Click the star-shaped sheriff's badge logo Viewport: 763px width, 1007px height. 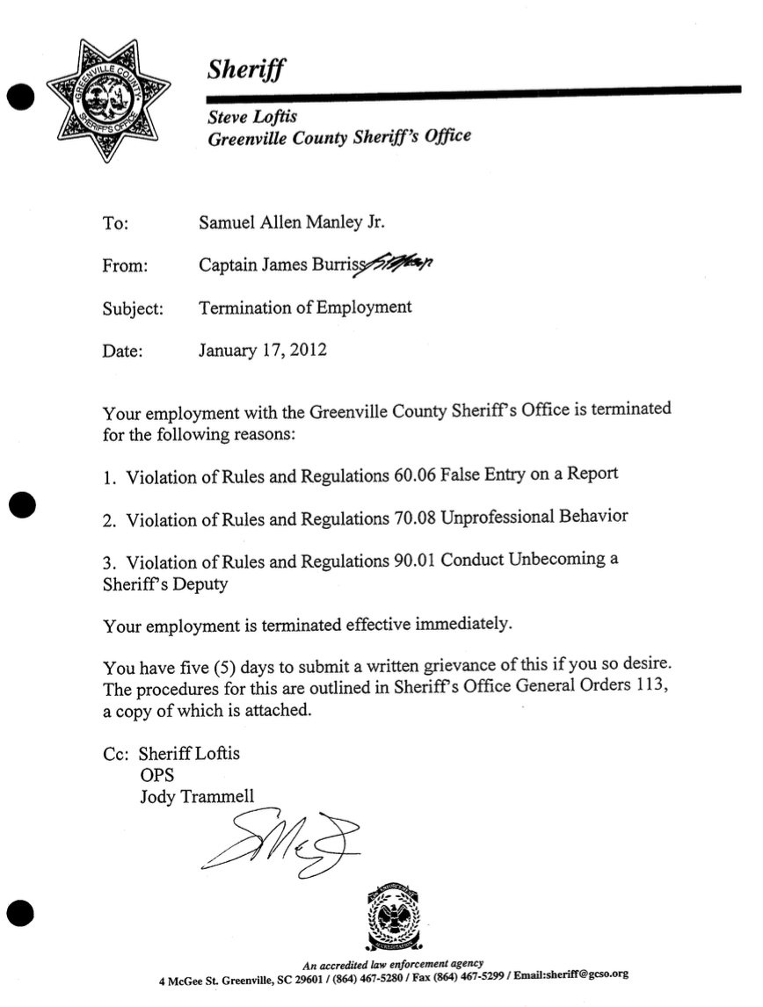tap(106, 100)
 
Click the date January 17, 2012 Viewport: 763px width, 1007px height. tap(263, 350)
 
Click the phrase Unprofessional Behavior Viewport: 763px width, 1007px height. tap(534, 517)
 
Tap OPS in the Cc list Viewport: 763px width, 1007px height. tap(156, 775)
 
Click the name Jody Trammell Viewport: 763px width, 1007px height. tap(197, 797)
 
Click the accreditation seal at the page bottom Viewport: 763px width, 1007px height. tap(392, 919)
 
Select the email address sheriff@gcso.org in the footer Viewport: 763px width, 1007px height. tap(585, 974)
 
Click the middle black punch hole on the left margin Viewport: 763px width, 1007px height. tap(24, 504)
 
